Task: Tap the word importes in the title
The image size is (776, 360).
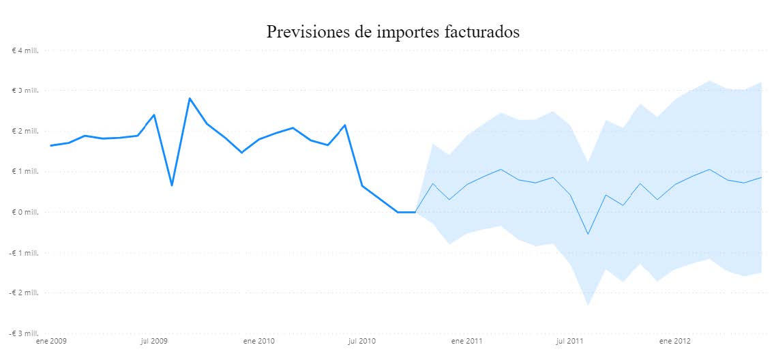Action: tap(399, 33)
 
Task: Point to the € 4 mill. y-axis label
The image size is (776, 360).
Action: tap(25, 50)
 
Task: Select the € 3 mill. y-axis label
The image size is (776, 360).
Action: tap(25, 91)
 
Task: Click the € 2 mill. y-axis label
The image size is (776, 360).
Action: tap(25, 131)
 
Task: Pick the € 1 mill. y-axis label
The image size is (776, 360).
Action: tap(25, 172)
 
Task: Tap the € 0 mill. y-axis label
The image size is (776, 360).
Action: tap(25, 212)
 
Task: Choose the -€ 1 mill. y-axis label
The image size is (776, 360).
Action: tap(24, 253)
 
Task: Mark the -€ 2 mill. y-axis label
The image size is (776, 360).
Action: tap(24, 293)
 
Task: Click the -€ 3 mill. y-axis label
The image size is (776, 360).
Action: tap(24, 333)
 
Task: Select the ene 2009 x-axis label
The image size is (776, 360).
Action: tap(52, 340)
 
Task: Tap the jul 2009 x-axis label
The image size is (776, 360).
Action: tap(153, 340)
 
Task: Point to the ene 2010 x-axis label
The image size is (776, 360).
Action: tap(258, 340)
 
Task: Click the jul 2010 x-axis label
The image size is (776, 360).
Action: tap(361, 340)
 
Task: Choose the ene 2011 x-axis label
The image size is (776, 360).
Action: tap(467, 340)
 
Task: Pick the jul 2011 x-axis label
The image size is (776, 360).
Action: tap(569, 340)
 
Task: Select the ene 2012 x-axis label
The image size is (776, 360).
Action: tap(674, 340)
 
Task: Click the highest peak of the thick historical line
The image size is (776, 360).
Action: tap(190, 98)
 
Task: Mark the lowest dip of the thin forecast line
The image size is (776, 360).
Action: tap(588, 235)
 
